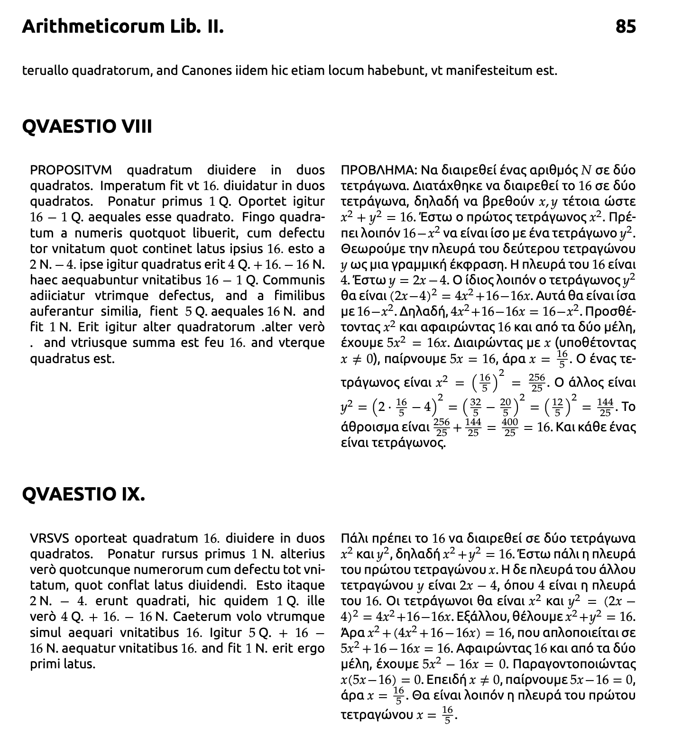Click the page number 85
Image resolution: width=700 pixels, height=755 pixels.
pos(626,27)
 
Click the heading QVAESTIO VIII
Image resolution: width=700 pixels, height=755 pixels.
pos(87,127)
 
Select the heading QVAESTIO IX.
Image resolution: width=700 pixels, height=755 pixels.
pos(83,494)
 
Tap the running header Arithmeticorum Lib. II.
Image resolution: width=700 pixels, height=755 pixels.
pos(122,27)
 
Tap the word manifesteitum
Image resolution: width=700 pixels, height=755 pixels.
pos(489,71)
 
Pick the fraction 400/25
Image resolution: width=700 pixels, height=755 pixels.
pos(510,427)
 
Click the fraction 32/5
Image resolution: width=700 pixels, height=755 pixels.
pos(476,407)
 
